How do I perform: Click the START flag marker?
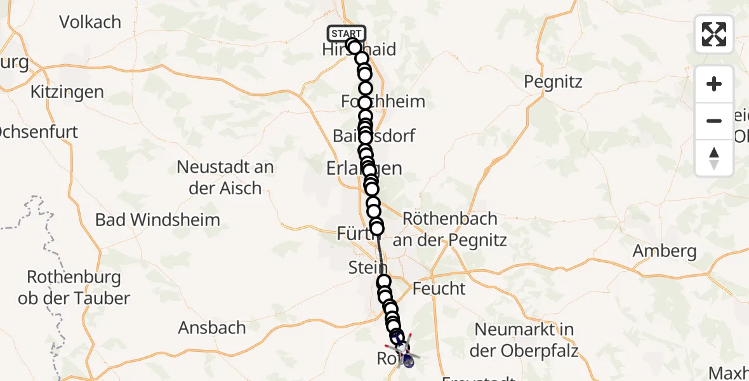346,34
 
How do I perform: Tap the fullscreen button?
714,34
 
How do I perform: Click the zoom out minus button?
714,121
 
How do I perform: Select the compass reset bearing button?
714,158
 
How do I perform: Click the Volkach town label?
90,22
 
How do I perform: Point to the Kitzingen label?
67,91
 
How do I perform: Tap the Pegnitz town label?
553,82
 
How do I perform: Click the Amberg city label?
665,251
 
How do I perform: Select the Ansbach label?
212,328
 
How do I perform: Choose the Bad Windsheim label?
157,220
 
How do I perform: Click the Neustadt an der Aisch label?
225,178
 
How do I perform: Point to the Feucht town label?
439,289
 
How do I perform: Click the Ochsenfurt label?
38,132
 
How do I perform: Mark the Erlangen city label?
364,168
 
